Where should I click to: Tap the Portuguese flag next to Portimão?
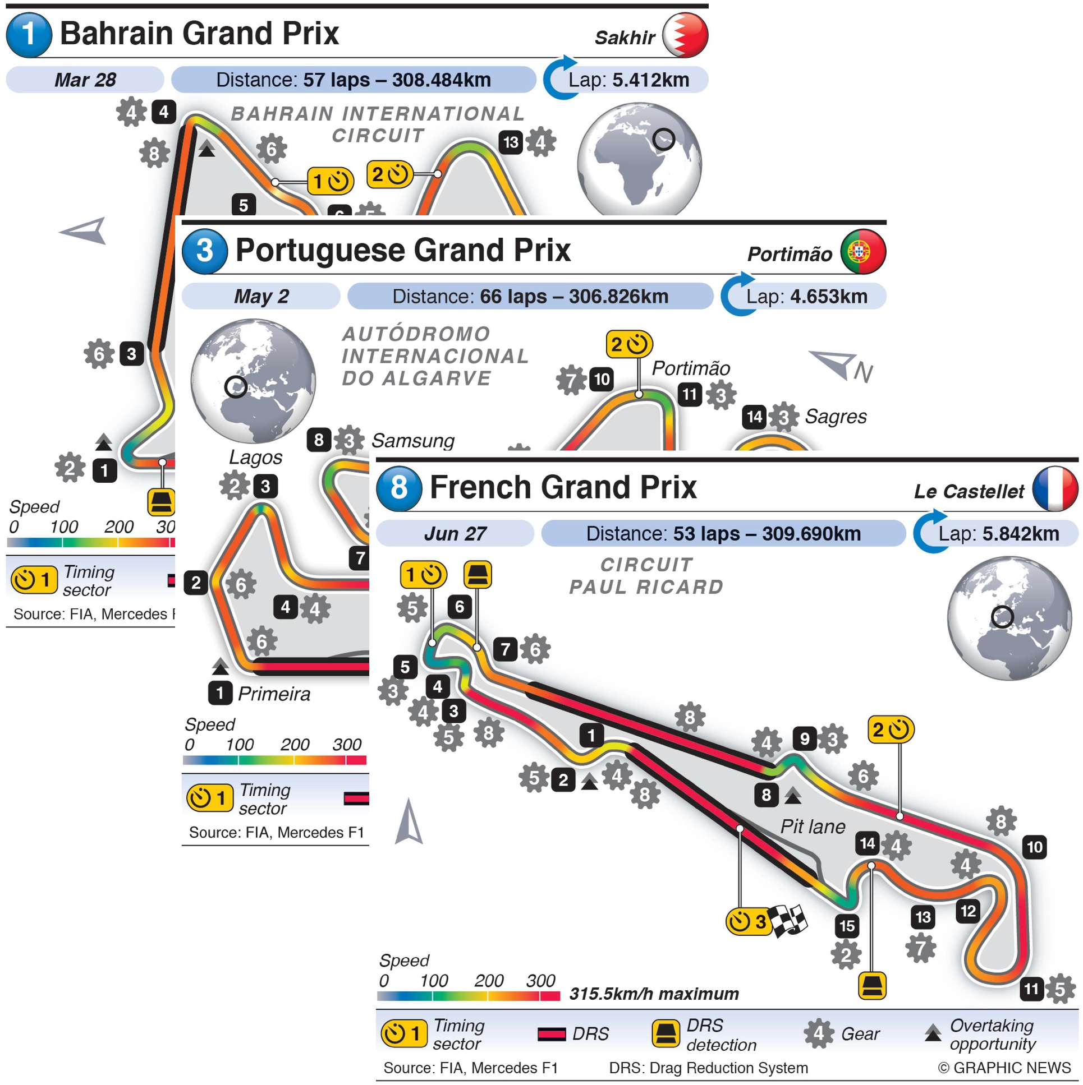pos(862,252)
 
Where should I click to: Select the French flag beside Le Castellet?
pos(1055,488)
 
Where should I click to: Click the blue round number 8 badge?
pos(398,487)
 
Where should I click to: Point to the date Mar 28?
pos(85,80)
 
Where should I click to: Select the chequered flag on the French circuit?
pos(788,922)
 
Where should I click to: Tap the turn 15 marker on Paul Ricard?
pos(847,926)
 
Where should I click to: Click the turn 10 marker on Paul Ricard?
pos(1035,847)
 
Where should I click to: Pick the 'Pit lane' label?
pos(812,827)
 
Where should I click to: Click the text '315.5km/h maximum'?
pos(654,994)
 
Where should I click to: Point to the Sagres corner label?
pos(835,417)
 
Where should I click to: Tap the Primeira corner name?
pos(274,694)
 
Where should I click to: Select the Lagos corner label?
pos(255,458)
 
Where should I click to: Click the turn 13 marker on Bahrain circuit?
pos(510,142)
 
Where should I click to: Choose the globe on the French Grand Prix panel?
pos(1009,618)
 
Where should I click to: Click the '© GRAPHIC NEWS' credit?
pos(1004,1068)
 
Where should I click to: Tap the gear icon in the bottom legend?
pos(818,1034)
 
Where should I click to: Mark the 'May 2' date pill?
pos(261,297)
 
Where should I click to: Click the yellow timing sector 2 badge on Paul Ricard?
pos(891,730)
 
